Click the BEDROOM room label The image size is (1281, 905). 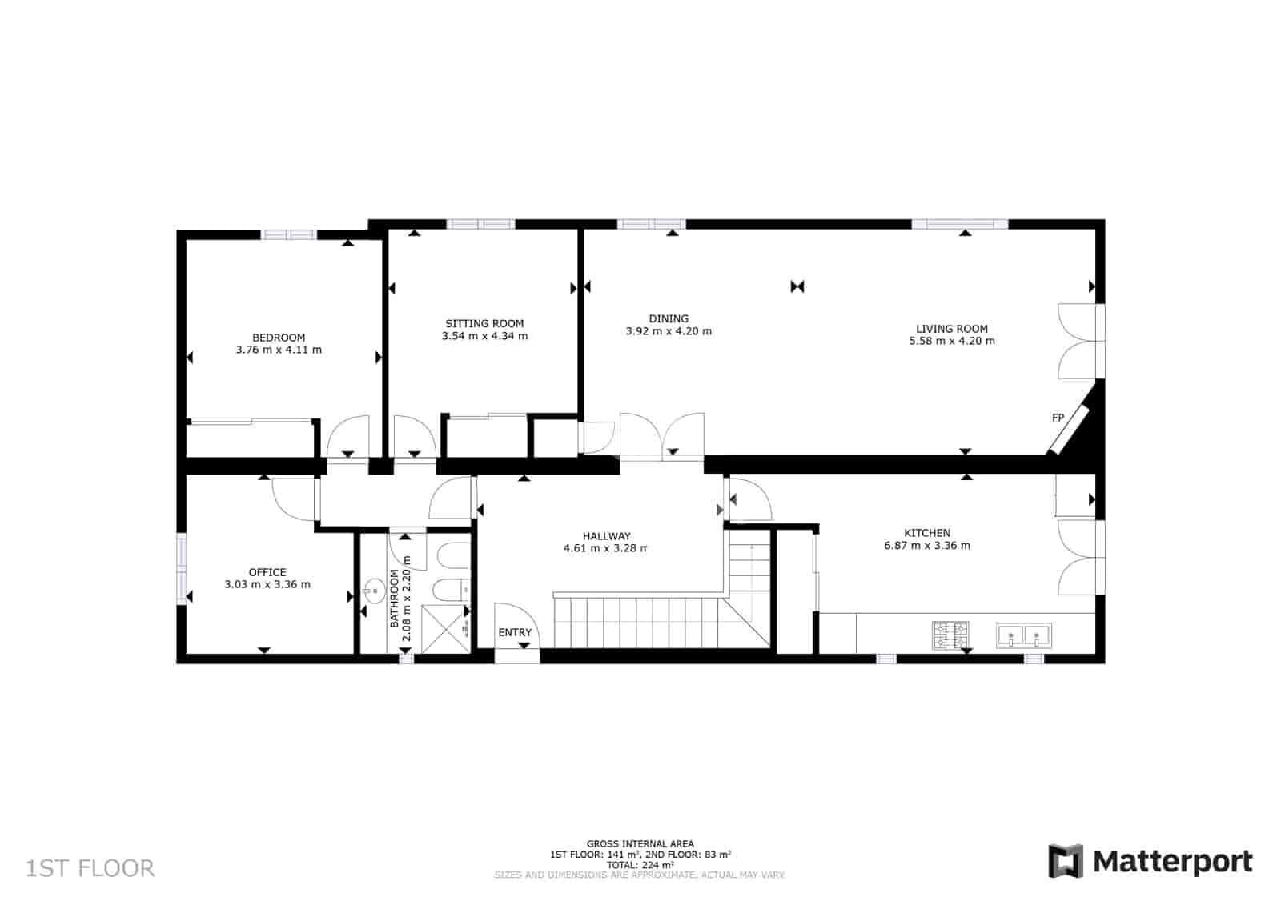tap(279, 338)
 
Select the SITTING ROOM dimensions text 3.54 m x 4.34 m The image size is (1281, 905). tap(484, 336)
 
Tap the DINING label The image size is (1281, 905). tap(669, 318)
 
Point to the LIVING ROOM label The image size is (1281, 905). tap(951, 328)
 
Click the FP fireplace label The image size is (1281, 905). tap(1058, 418)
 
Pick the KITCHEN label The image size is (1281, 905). tap(926, 533)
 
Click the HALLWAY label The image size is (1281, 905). tap(606, 536)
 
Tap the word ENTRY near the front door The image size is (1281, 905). tap(515, 632)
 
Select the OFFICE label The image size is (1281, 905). tap(267, 572)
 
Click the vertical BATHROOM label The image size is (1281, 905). tap(394, 599)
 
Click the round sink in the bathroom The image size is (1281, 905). tap(374, 592)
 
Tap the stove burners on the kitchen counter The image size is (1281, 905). tap(950, 635)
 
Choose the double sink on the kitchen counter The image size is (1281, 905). tap(1024, 636)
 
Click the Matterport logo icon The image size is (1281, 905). tap(1066, 861)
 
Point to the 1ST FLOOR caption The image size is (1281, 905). tap(90, 868)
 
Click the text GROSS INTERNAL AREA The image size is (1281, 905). tap(640, 843)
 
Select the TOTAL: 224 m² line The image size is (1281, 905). tap(640, 864)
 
